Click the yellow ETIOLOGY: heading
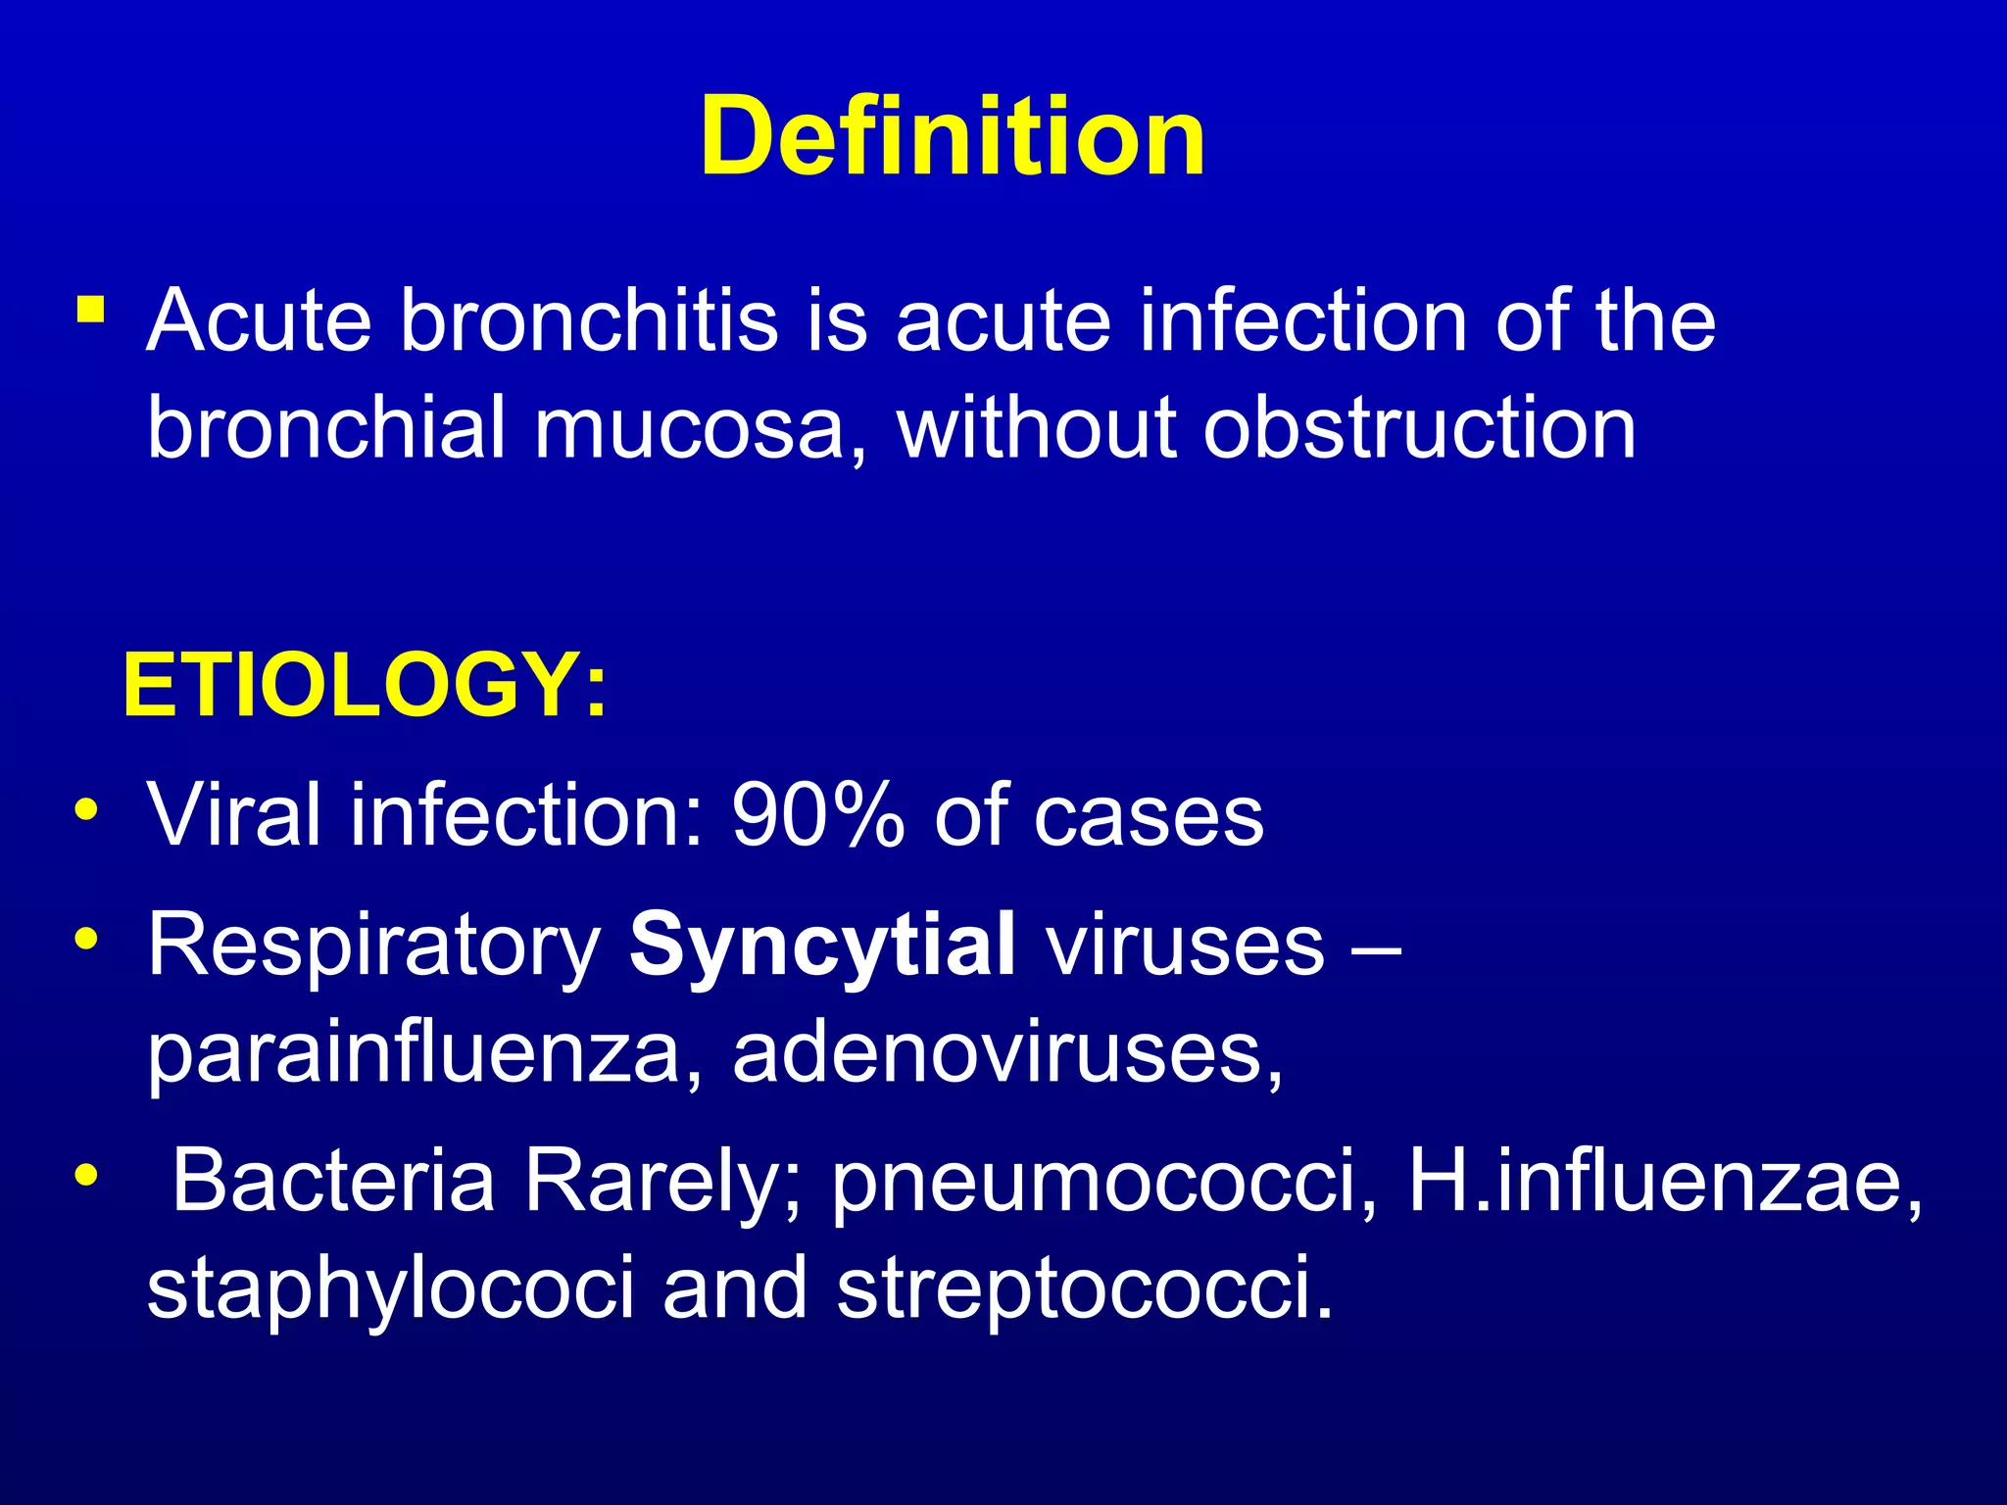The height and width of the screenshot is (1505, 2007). [365, 686]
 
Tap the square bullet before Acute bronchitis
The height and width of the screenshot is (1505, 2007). [91, 311]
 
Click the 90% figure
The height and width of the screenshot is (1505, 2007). [817, 815]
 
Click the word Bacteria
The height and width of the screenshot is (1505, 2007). [333, 1181]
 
